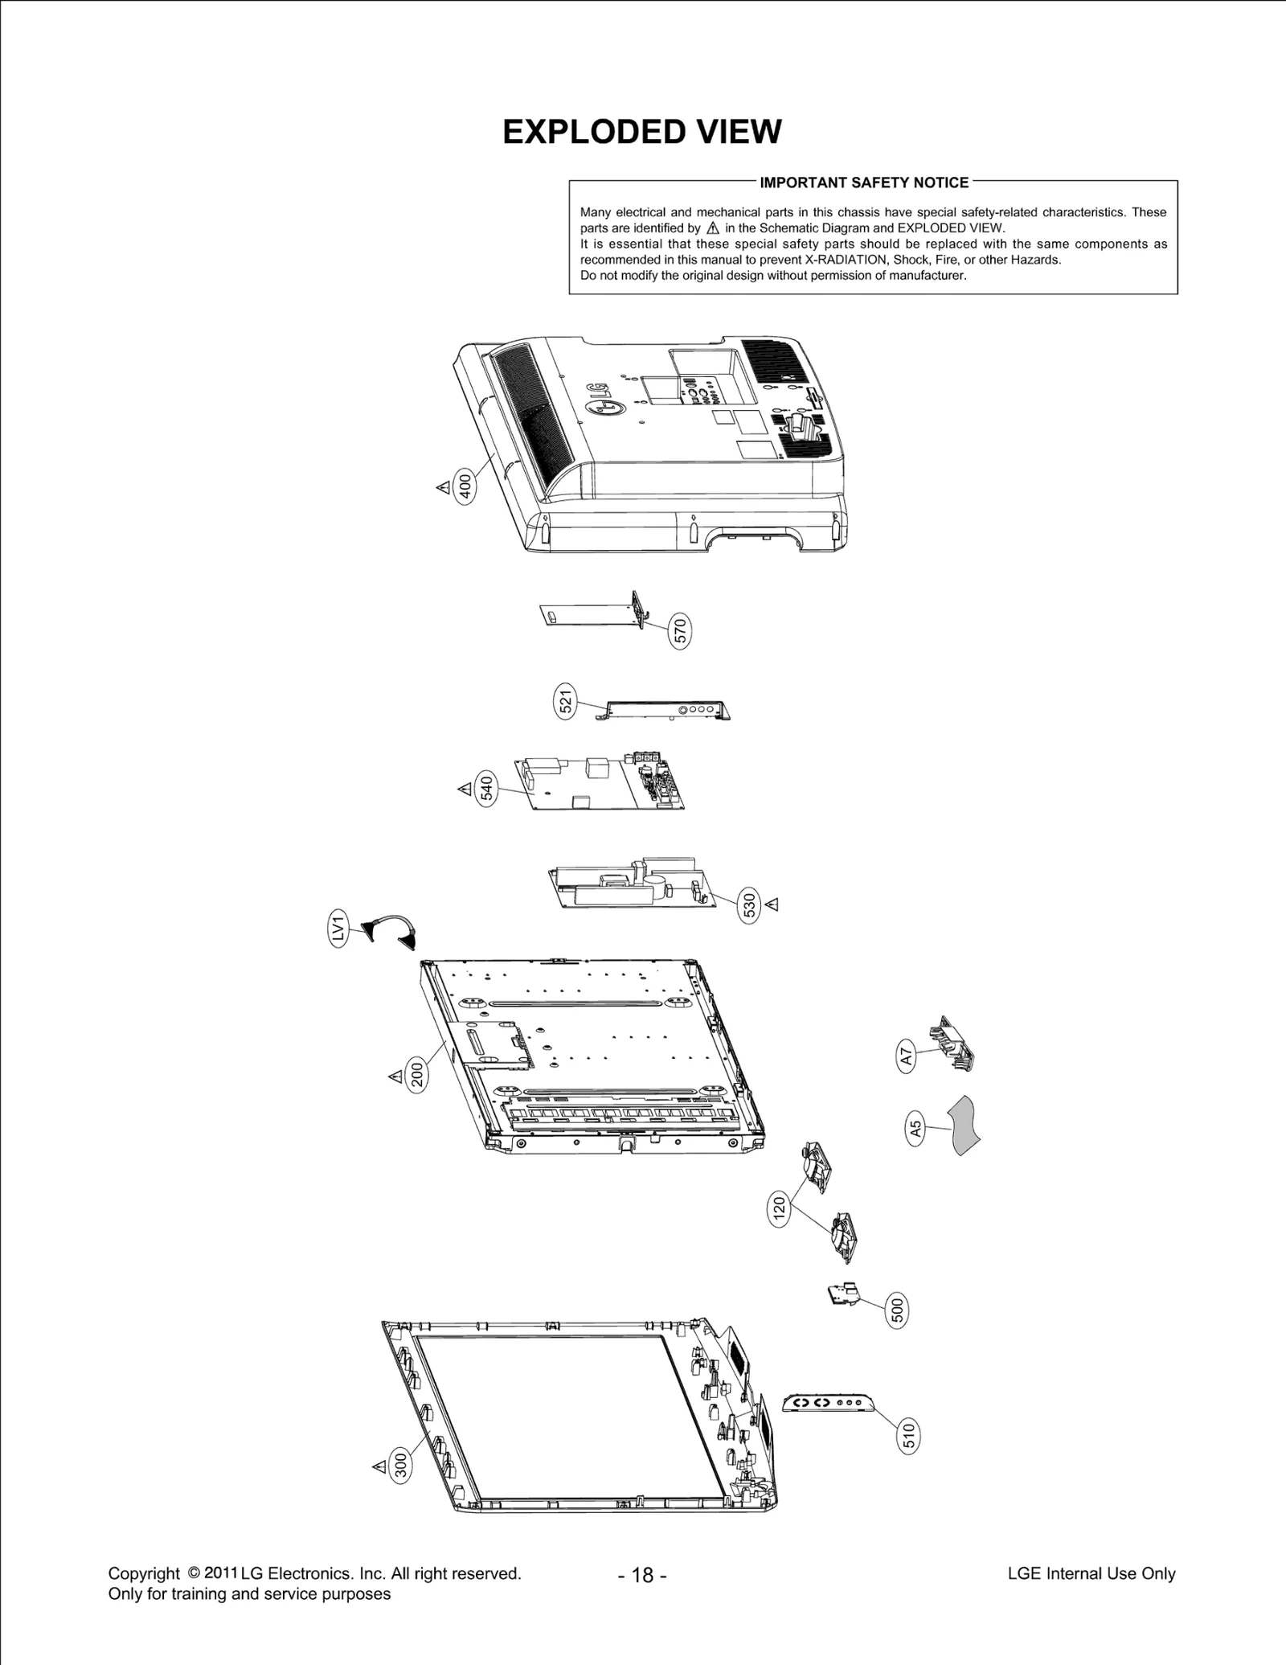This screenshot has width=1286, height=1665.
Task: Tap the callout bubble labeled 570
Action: coord(680,632)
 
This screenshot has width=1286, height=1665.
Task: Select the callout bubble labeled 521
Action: coord(566,702)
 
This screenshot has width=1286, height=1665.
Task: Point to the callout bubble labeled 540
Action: coord(486,789)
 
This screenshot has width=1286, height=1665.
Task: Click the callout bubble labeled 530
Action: coord(749,905)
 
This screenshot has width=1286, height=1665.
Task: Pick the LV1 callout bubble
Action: coord(339,929)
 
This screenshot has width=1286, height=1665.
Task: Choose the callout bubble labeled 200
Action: coord(417,1076)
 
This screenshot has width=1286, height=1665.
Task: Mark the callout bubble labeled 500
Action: coord(898,1310)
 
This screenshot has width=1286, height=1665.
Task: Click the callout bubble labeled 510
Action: coord(908,1433)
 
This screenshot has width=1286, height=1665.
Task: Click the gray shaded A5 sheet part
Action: coord(964,1125)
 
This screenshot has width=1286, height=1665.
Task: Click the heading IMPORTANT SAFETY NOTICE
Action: coord(863,182)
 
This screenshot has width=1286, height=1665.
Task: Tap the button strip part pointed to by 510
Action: coord(828,1403)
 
